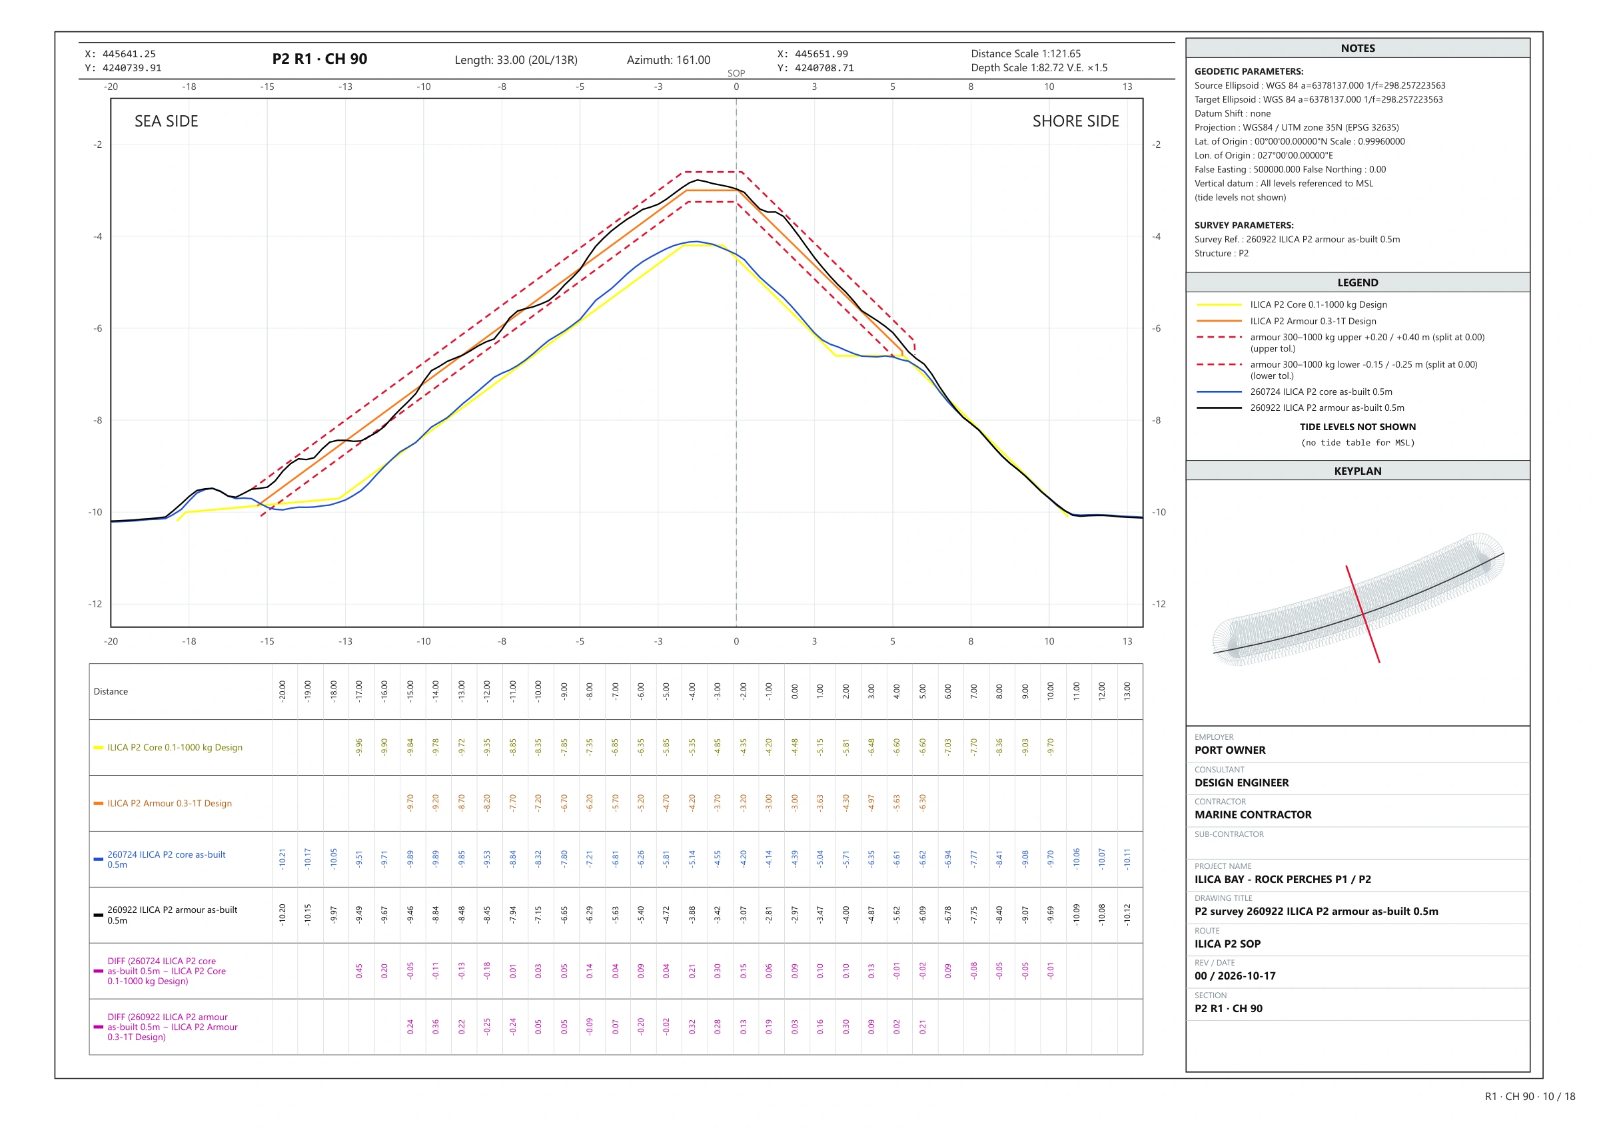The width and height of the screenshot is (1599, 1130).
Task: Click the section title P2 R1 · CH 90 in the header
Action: pyautogui.click(x=320, y=59)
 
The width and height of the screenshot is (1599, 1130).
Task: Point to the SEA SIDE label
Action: pyautogui.click(x=167, y=121)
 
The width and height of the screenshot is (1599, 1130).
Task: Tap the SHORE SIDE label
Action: pyautogui.click(x=1075, y=121)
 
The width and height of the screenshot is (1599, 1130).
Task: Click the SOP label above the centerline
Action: pyautogui.click(x=736, y=73)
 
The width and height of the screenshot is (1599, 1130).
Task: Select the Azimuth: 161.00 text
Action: pyautogui.click(x=668, y=60)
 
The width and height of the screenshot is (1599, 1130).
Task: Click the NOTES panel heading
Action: pyautogui.click(x=1357, y=48)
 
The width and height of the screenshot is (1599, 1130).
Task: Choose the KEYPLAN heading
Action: pyautogui.click(x=1357, y=471)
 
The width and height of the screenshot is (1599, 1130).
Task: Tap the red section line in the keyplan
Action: pyautogui.click(x=1363, y=614)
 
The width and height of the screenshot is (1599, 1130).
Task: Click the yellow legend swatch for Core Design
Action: pyautogui.click(x=1219, y=305)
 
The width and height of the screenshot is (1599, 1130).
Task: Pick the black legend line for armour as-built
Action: pyautogui.click(x=1219, y=408)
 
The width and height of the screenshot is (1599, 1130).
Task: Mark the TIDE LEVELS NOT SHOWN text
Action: pyautogui.click(x=1357, y=427)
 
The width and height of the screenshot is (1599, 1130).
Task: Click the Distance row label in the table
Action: pyautogui.click(x=111, y=691)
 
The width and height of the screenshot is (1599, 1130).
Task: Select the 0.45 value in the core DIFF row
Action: pyautogui.click(x=359, y=971)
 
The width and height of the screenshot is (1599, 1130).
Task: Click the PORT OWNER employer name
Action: pyautogui.click(x=1230, y=750)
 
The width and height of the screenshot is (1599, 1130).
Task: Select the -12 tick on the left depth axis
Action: pyautogui.click(x=95, y=604)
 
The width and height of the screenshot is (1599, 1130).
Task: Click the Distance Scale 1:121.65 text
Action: pyautogui.click(x=1026, y=54)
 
